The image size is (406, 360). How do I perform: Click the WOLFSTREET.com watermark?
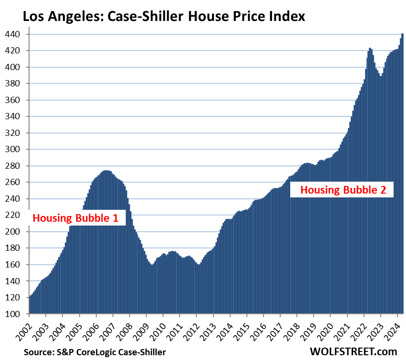[x=353, y=351]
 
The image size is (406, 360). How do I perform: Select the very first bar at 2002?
[x=30, y=305]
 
